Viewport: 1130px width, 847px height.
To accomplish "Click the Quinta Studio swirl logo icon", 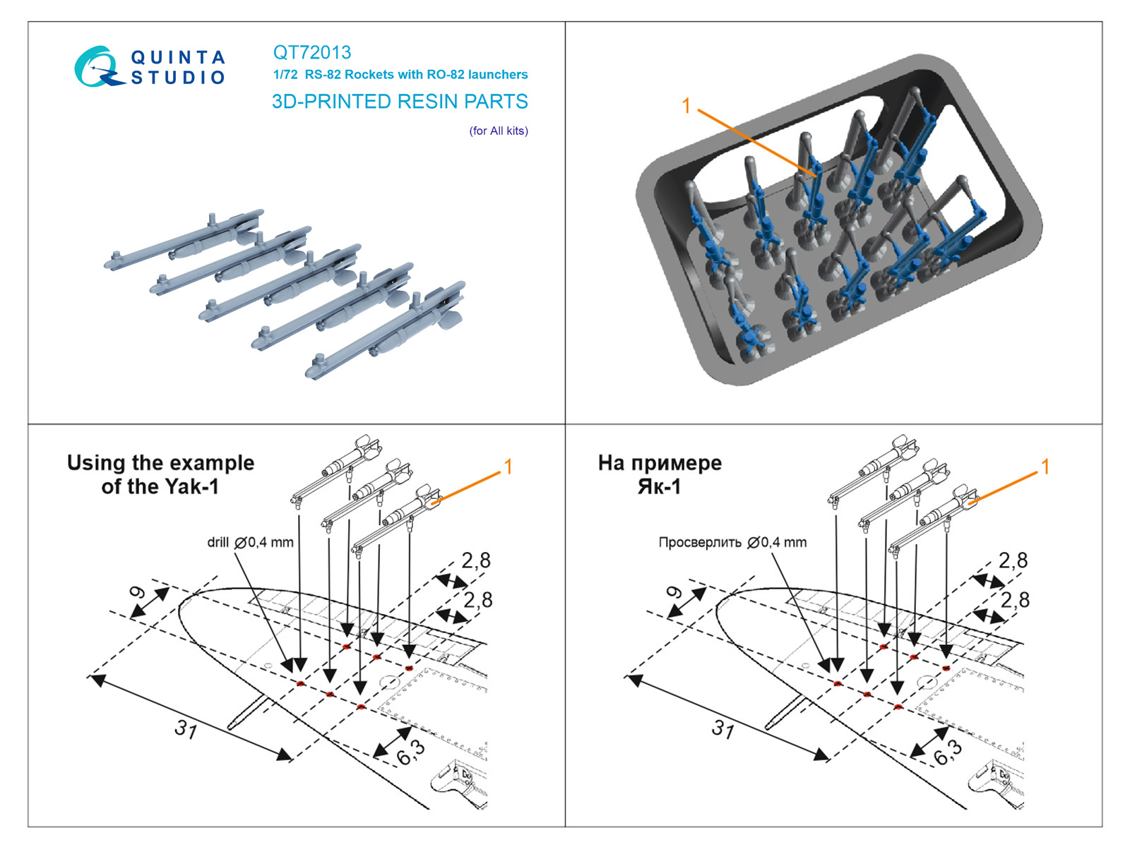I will (95, 67).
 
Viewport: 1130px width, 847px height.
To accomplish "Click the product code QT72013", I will (311, 52).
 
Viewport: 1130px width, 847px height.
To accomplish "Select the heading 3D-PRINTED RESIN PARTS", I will (400, 102).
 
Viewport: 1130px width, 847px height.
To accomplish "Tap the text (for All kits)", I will (499, 131).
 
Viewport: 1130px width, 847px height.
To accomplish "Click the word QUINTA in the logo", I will (178, 57).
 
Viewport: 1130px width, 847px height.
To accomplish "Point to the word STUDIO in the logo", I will (178, 78).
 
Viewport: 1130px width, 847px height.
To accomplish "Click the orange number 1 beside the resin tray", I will (686, 106).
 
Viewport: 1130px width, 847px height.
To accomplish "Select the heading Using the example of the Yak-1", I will (160, 474).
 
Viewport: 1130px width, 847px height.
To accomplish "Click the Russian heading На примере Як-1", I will (660, 474).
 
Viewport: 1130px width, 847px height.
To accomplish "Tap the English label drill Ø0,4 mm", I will (250, 542).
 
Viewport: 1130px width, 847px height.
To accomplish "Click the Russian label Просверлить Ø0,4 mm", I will (732, 542).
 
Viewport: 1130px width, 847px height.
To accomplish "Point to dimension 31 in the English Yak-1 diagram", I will (186, 728).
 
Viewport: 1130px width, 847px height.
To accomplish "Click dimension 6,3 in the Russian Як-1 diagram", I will (947, 752).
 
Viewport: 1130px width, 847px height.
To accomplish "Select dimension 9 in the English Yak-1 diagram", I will (137, 593).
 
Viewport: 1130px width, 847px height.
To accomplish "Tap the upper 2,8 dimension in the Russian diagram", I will (1013, 560).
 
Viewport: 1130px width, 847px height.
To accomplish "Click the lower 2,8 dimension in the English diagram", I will (477, 600).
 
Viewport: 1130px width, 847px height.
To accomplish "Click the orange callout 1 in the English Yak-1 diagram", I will (508, 467).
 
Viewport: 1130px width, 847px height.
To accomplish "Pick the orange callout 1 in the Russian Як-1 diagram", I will (1045, 467).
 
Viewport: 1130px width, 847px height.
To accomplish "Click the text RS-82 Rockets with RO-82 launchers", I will (416, 75).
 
